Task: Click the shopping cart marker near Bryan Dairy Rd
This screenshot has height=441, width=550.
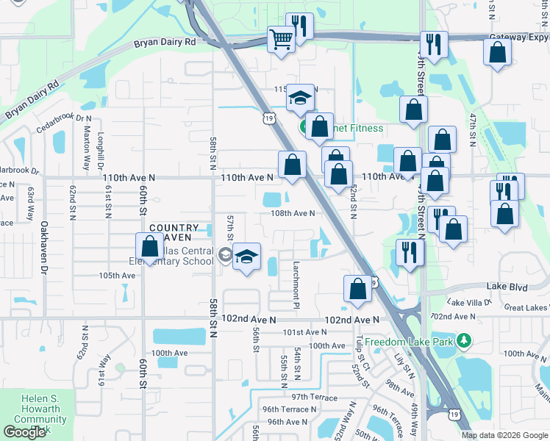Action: pyautogui.click(x=280, y=40)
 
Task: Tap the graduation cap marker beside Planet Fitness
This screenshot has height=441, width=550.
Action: pyautogui.click(x=300, y=98)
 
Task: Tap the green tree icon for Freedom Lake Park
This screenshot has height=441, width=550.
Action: pyautogui.click(x=463, y=340)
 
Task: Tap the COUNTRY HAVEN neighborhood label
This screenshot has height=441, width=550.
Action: pyautogui.click(x=174, y=232)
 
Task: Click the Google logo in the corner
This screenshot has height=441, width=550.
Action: pyautogui.click(x=24, y=432)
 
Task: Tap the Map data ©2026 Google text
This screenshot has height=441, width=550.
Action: pyautogui.click(x=504, y=435)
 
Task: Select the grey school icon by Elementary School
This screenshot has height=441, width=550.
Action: pyautogui.click(x=226, y=256)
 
